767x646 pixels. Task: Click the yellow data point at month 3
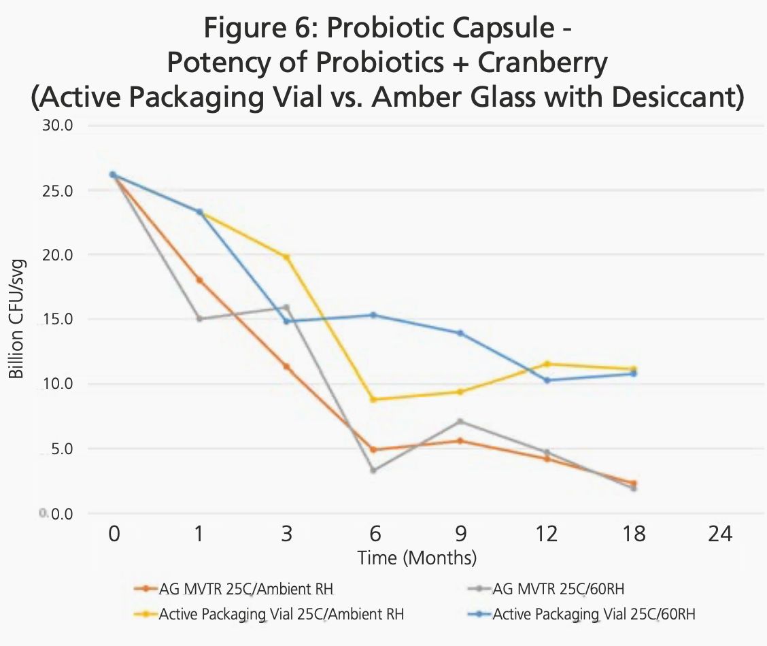(287, 257)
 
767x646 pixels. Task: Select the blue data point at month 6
(373, 315)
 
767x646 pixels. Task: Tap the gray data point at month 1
(199, 319)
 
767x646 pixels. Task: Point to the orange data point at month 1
(199, 279)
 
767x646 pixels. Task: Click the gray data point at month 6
(373, 470)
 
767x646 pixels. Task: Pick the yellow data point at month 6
(373, 399)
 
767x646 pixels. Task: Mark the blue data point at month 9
(460, 333)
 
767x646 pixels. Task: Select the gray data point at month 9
(460, 422)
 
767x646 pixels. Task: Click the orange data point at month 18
(634, 483)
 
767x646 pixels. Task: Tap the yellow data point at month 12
(547, 364)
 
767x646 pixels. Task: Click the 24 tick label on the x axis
(720, 534)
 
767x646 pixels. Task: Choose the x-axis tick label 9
(460, 534)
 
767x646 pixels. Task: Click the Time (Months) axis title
(417, 559)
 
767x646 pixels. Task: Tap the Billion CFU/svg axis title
(16, 319)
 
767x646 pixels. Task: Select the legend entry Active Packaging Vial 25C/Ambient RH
(282, 615)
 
